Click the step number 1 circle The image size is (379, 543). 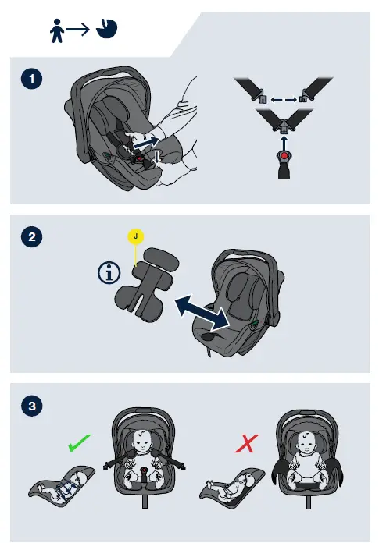coord(31,79)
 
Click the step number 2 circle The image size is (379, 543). coord(31,237)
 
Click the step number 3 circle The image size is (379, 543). coord(32,406)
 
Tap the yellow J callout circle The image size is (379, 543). coord(135,236)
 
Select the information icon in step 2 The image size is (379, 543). coord(109,273)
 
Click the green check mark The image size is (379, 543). coord(80,443)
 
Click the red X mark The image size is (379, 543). coord(246,444)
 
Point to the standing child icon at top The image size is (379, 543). coord(57,30)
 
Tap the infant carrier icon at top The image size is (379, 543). coord(107,29)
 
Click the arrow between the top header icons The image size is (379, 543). coord(77,30)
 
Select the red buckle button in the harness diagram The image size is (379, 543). coord(284,156)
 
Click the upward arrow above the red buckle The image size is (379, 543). coord(284,142)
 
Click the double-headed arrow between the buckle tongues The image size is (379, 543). coord(284,100)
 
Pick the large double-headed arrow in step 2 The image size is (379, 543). coord(202,311)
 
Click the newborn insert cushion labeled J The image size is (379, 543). coord(147,284)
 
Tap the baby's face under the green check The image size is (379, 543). coord(141,441)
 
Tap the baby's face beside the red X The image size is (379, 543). coord(306,442)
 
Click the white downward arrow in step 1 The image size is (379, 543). coord(157,158)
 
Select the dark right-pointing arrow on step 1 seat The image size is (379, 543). coord(146,142)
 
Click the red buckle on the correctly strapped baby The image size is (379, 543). coord(144,470)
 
